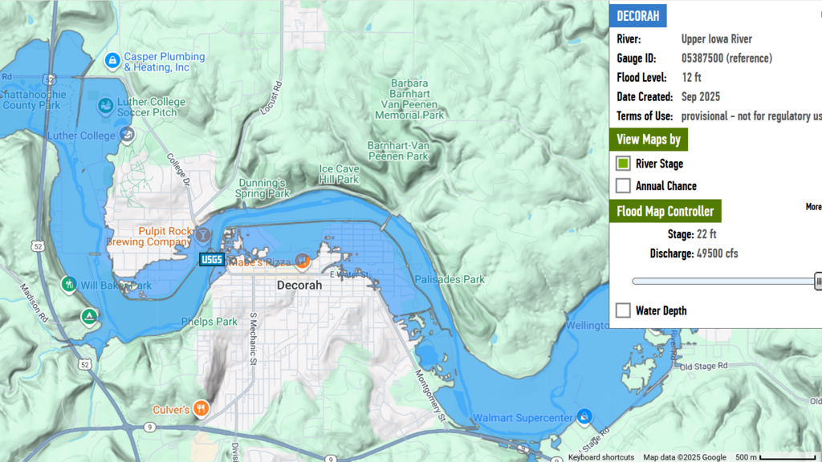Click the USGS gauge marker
coord(212,259)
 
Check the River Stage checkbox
coord(623,164)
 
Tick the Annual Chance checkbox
coord(623,186)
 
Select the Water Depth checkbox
coord(623,310)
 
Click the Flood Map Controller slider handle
coord(818,281)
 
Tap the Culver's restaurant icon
coord(201,408)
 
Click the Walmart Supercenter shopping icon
coord(585,415)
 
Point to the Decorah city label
coord(299,286)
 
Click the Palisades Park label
coord(450,280)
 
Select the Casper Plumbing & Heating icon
coord(113,60)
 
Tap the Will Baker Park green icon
coord(69,284)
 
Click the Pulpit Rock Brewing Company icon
coord(203,235)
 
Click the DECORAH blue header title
coord(637,16)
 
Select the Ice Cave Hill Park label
coord(339,175)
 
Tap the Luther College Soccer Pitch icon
coord(105,106)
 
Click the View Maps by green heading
coord(648,140)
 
